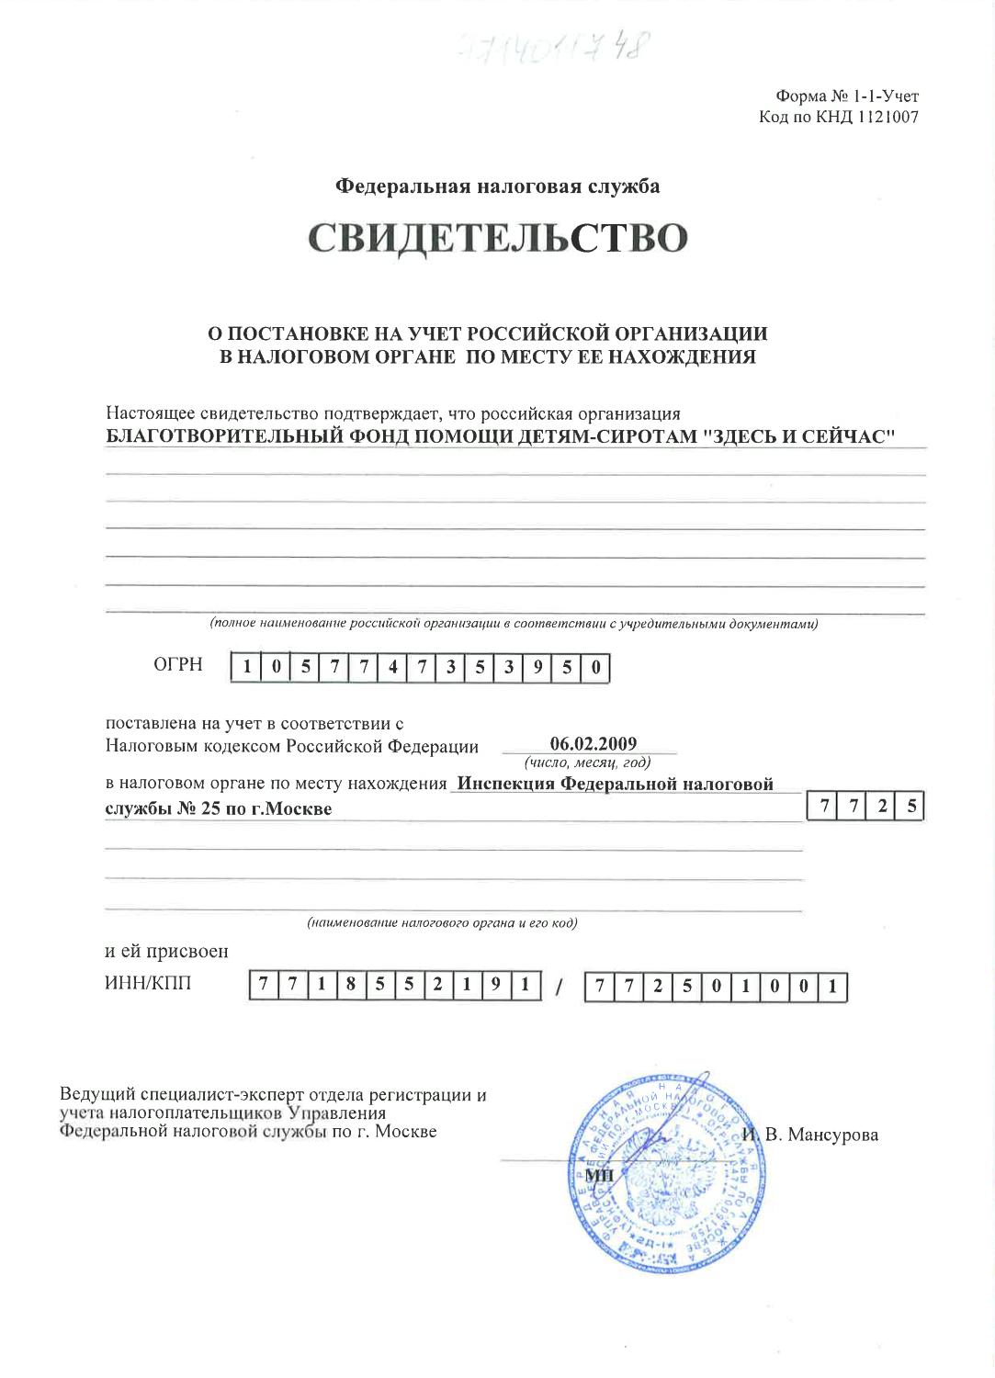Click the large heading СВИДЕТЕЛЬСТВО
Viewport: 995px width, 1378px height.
pyautogui.click(x=497, y=238)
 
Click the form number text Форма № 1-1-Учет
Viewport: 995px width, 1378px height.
pyautogui.click(x=846, y=96)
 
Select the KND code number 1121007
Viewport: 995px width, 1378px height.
pyautogui.click(x=888, y=117)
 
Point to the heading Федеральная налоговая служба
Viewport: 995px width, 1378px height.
pyautogui.click(x=497, y=186)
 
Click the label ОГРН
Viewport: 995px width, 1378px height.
pyautogui.click(x=178, y=664)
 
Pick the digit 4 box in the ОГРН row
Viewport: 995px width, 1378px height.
pyautogui.click(x=392, y=668)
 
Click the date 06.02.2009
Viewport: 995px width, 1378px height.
pyautogui.click(x=593, y=744)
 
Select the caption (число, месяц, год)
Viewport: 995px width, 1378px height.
pyautogui.click(x=587, y=762)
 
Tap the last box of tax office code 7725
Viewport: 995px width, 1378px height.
pyautogui.click(x=910, y=807)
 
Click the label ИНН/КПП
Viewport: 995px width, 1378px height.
pyautogui.click(x=148, y=983)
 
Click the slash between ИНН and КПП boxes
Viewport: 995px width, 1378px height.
pyautogui.click(x=558, y=988)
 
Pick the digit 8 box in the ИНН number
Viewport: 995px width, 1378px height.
pyautogui.click(x=350, y=986)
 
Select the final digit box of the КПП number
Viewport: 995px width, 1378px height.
pyautogui.click(x=832, y=988)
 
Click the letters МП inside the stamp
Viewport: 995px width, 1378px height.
pyautogui.click(x=599, y=1175)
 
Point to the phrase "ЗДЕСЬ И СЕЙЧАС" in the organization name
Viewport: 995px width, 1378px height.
pyautogui.click(x=798, y=436)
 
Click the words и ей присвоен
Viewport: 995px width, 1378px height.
pyautogui.click(x=166, y=951)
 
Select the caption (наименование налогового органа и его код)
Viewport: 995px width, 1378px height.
pyautogui.click(x=442, y=922)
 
